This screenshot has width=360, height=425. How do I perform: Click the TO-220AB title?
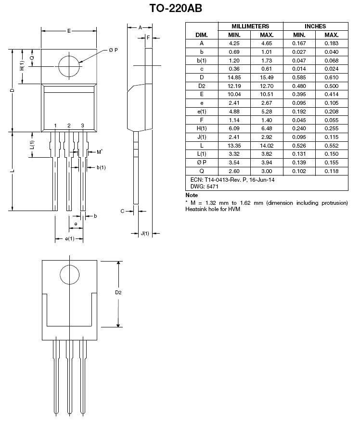tap(176, 8)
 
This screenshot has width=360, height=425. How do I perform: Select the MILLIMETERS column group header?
tap(250, 26)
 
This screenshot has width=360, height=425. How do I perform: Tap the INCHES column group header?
tap(315, 26)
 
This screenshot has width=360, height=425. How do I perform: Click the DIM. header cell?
tap(202, 35)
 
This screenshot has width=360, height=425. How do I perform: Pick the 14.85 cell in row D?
tap(234, 77)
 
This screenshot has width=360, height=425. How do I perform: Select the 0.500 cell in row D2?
tap(332, 86)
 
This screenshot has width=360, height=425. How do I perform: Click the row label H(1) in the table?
tap(202, 128)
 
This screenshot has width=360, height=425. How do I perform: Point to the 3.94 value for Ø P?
tap(267, 162)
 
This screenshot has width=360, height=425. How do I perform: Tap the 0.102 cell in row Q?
tap(299, 171)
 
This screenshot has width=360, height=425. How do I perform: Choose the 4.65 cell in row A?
tap(267, 43)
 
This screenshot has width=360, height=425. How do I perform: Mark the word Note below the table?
tap(192, 195)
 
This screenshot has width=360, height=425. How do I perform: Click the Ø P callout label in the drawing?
tap(114, 50)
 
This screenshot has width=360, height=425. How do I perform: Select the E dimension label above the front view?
tap(69, 31)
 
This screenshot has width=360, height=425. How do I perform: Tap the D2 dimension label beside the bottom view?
tap(118, 292)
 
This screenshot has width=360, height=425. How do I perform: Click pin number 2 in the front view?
tap(69, 125)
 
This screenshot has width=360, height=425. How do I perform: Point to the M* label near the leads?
tap(100, 152)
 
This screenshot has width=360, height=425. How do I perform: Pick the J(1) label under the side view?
tap(145, 233)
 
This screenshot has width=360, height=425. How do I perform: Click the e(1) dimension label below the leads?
tap(69, 238)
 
